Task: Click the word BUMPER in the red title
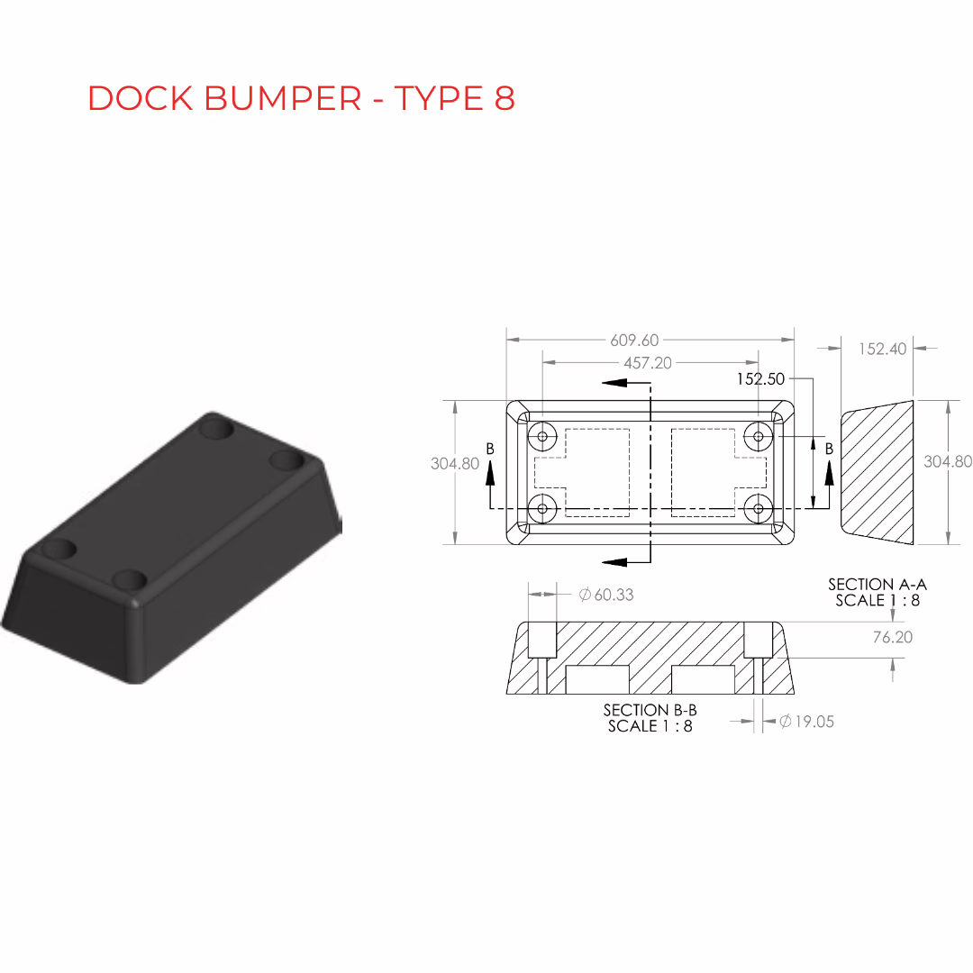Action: [x=282, y=98]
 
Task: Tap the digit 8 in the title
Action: [x=505, y=98]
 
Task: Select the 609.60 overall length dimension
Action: [x=634, y=340]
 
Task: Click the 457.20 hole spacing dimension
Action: [x=647, y=363]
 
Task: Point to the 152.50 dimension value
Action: [x=760, y=379]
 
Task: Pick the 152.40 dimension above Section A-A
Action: [x=882, y=349]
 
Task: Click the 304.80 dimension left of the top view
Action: [x=455, y=464]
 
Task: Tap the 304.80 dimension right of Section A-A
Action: [x=948, y=461]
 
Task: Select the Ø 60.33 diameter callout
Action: [x=606, y=595]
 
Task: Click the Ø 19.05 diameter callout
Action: [x=806, y=721]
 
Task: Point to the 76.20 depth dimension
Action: [x=892, y=637]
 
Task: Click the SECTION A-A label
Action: [x=878, y=585]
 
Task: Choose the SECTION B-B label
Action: [x=650, y=710]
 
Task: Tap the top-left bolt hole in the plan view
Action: [x=542, y=436]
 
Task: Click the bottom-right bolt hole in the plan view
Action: [x=758, y=509]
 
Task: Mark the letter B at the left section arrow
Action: [x=490, y=449]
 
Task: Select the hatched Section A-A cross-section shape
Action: [x=877, y=472]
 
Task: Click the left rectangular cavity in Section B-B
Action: [x=597, y=680]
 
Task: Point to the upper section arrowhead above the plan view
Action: [x=615, y=382]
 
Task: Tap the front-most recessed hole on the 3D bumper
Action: [x=130, y=581]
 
